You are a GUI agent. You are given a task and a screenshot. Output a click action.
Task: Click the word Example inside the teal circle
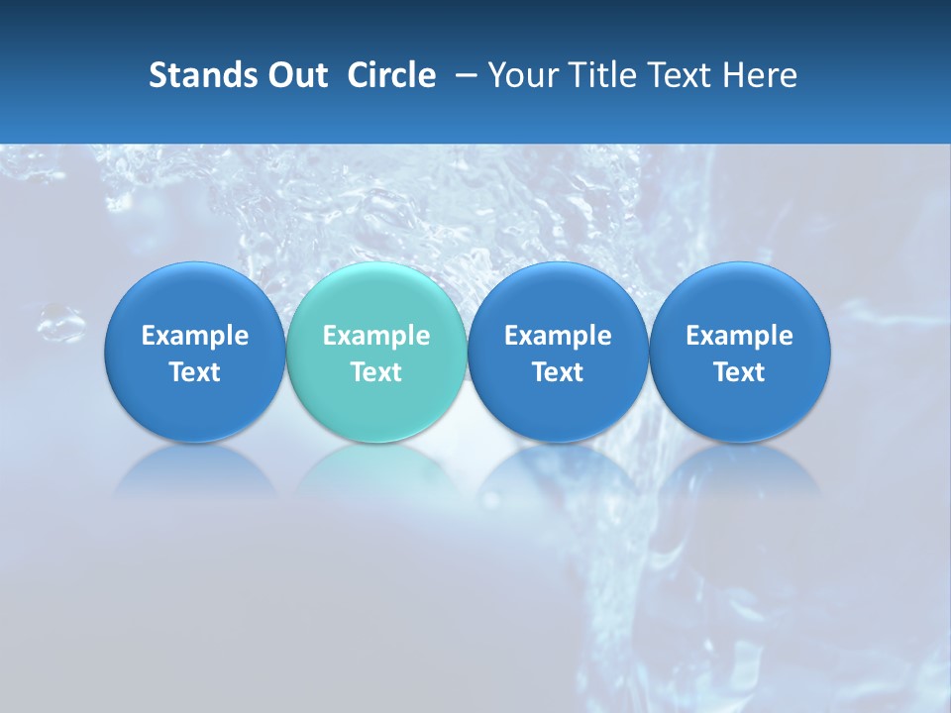point(376,336)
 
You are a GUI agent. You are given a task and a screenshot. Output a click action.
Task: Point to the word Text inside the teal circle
point(376,372)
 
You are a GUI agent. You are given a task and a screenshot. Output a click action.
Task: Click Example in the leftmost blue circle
point(195,336)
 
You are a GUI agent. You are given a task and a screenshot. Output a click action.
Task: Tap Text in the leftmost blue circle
point(195,372)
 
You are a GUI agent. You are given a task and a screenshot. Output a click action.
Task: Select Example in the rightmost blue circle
point(740,336)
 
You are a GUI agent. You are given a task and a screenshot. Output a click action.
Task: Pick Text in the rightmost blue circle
point(740,372)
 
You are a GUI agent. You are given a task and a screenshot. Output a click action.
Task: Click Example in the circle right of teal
point(558,336)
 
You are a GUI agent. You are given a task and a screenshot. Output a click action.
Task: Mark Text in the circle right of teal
point(558,372)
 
